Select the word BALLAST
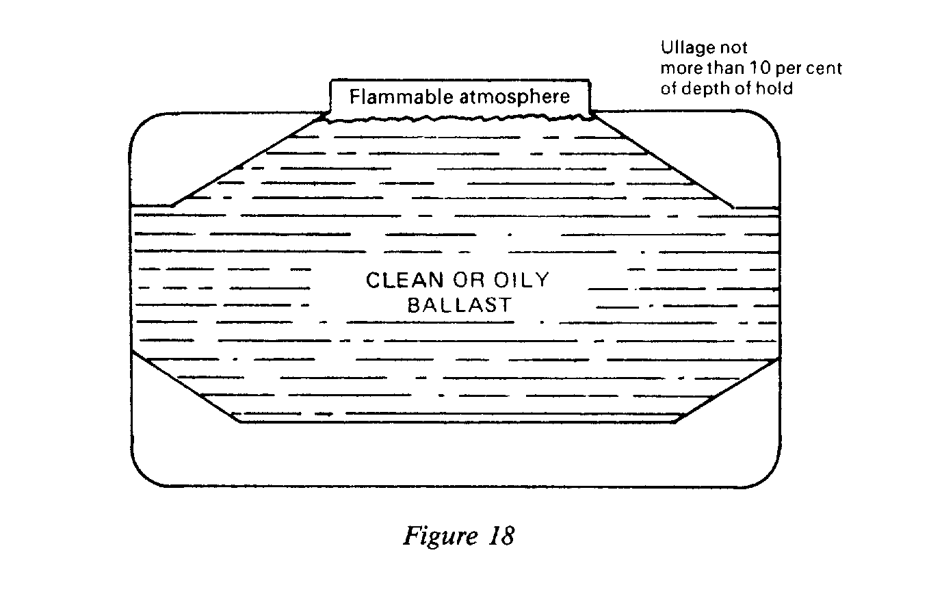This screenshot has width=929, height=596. coord(459,305)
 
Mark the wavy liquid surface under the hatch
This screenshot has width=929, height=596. coord(459,119)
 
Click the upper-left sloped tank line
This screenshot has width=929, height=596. coord(246,161)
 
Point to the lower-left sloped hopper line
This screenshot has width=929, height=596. coord(185,387)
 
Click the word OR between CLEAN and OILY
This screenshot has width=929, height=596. coord(465,281)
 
